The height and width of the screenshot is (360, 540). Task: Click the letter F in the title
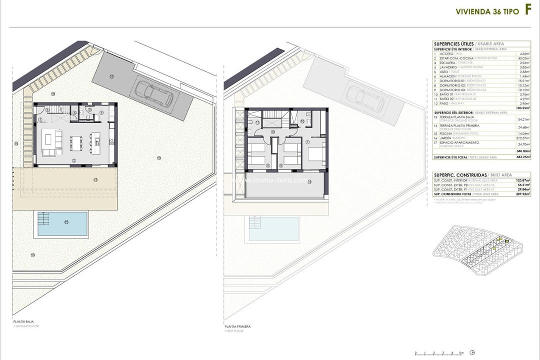[x=527, y=11]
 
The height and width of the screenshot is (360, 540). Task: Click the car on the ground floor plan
[x=152, y=93]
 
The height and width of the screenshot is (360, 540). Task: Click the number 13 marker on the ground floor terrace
[x=95, y=178]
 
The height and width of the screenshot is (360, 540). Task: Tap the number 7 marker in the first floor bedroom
[x=308, y=142]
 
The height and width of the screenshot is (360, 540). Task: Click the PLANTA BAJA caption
[x=24, y=321]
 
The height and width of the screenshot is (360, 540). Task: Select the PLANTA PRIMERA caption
[x=237, y=326]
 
